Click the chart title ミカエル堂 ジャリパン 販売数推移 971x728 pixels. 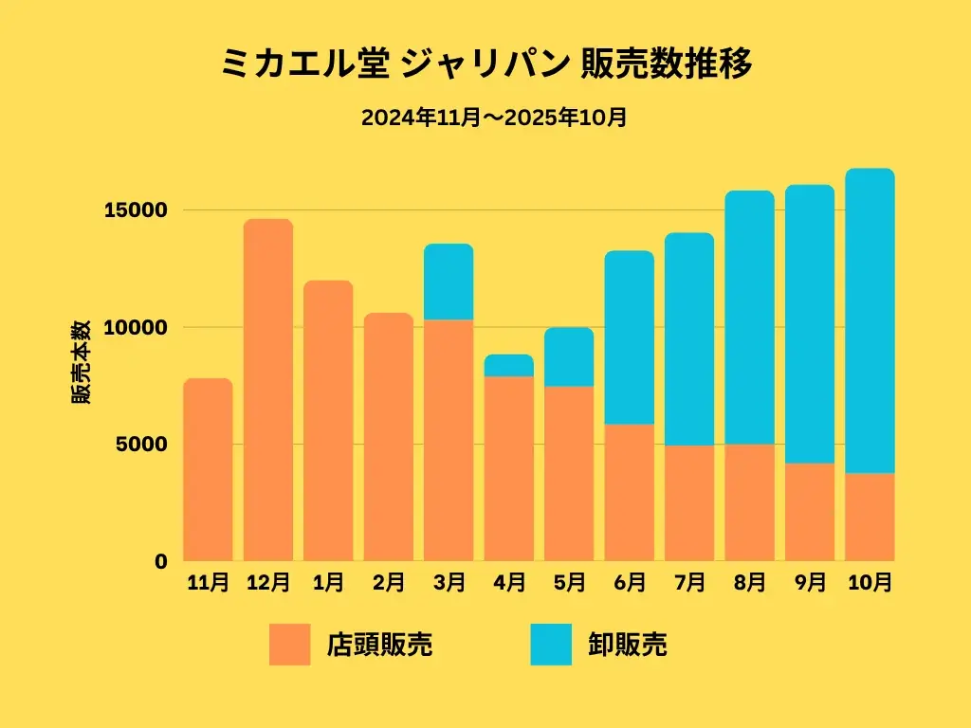click(x=485, y=65)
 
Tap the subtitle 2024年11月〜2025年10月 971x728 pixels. click(x=493, y=118)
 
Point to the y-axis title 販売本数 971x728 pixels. click(x=82, y=363)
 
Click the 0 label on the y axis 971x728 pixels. click(x=160, y=561)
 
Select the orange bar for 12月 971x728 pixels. click(x=268, y=390)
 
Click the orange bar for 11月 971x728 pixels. click(x=208, y=470)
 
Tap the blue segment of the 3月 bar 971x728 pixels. click(x=449, y=282)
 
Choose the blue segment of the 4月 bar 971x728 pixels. click(x=509, y=366)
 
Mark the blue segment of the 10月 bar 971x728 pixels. click(x=870, y=320)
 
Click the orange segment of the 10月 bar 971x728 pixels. click(x=870, y=517)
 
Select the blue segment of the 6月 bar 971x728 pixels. click(x=630, y=337)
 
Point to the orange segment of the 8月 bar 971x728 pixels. click(x=750, y=502)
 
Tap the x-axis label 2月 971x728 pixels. click(x=389, y=583)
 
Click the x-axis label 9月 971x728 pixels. click(x=810, y=583)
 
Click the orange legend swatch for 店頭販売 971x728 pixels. click(x=289, y=645)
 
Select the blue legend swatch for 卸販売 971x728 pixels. click(x=551, y=645)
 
